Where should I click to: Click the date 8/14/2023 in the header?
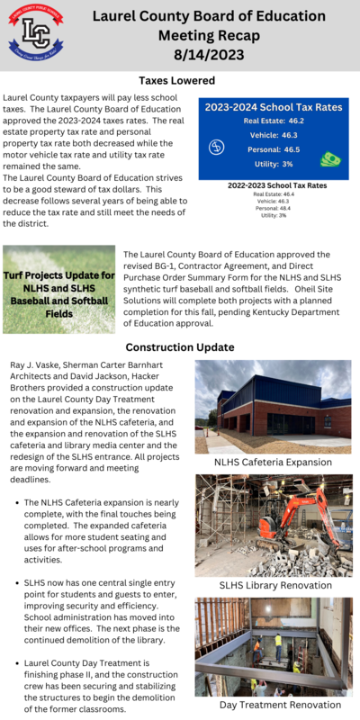(x=208, y=54)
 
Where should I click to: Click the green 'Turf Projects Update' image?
(x=58, y=289)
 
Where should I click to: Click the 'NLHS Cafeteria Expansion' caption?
(x=273, y=462)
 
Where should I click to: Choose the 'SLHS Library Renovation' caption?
(x=273, y=585)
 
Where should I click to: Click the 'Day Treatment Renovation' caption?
(x=273, y=705)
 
